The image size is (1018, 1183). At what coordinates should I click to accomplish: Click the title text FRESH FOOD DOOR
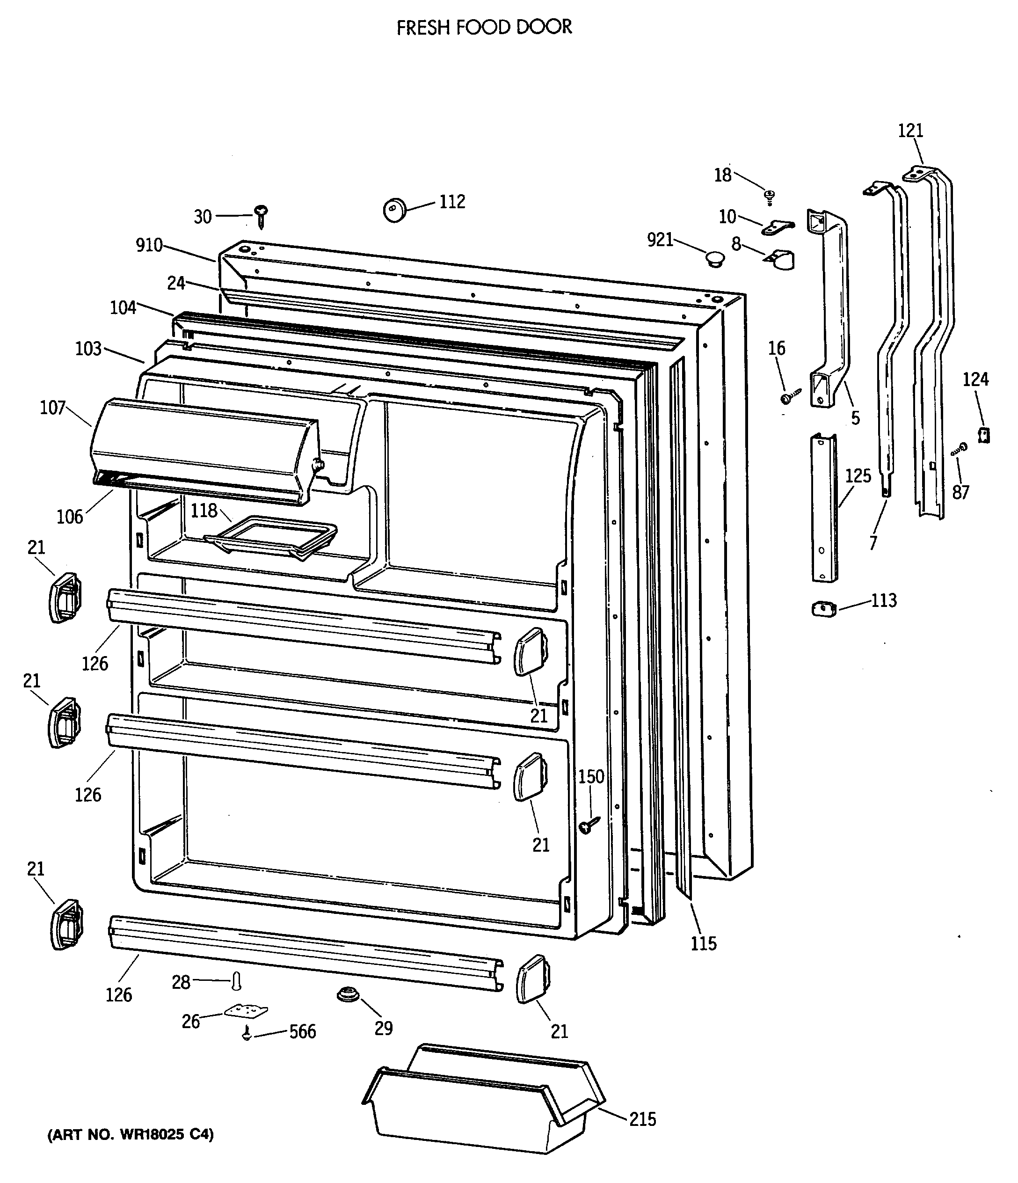pyautogui.click(x=484, y=28)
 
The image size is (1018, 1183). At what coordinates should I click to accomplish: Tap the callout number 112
pyautogui.click(x=452, y=202)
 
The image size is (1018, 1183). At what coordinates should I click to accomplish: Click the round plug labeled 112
pyautogui.click(x=394, y=210)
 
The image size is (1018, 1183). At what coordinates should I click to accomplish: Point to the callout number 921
pyautogui.click(x=660, y=240)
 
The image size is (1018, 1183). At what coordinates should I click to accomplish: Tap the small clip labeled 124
pyautogui.click(x=984, y=435)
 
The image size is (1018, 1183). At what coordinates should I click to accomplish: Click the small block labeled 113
pyautogui.click(x=823, y=609)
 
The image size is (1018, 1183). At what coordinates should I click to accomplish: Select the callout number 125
pyautogui.click(x=858, y=475)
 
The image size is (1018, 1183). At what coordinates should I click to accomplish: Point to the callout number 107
pyautogui.click(x=52, y=408)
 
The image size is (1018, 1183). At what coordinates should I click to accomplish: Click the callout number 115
pyautogui.click(x=704, y=944)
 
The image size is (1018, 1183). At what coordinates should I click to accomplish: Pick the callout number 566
pyautogui.click(x=302, y=1032)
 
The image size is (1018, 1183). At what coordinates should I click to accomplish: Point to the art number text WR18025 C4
pyautogui.click(x=130, y=1134)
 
